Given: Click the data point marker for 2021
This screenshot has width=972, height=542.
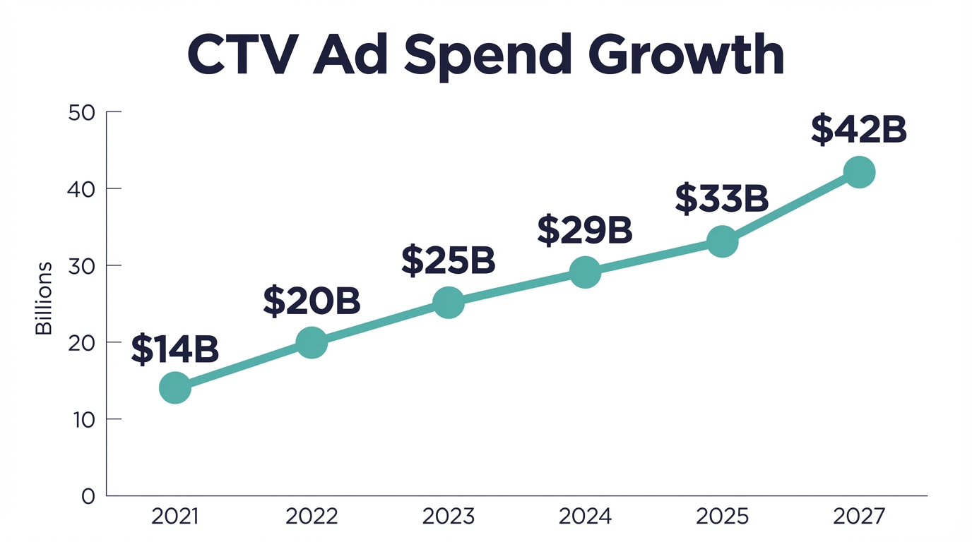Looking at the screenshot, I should [175, 388].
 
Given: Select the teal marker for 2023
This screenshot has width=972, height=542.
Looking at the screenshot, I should [449, 303].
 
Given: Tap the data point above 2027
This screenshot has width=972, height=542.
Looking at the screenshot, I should [859, 172].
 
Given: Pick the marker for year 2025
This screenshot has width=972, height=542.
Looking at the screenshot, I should [722, 242].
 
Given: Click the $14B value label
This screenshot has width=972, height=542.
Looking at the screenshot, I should [174, 350].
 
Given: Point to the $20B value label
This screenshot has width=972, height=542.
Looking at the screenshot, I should [312, 301].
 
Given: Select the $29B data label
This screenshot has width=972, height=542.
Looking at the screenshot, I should [585, 230].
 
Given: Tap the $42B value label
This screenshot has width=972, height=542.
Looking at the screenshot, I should [858, 130].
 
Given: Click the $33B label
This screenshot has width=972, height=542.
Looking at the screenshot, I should [721, 198].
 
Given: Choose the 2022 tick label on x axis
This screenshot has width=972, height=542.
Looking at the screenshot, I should [312, 517].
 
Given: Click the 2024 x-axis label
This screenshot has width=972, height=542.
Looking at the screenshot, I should [585, 517].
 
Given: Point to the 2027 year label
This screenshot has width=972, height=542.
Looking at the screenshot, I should [858, 517].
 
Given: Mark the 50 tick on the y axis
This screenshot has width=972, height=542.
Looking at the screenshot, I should [82, 112].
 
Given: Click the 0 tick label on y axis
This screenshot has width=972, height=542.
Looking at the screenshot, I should [88, 497].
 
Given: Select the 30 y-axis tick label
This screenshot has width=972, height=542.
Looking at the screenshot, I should [82, 266].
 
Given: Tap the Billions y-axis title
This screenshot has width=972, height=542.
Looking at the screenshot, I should [44, 298].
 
